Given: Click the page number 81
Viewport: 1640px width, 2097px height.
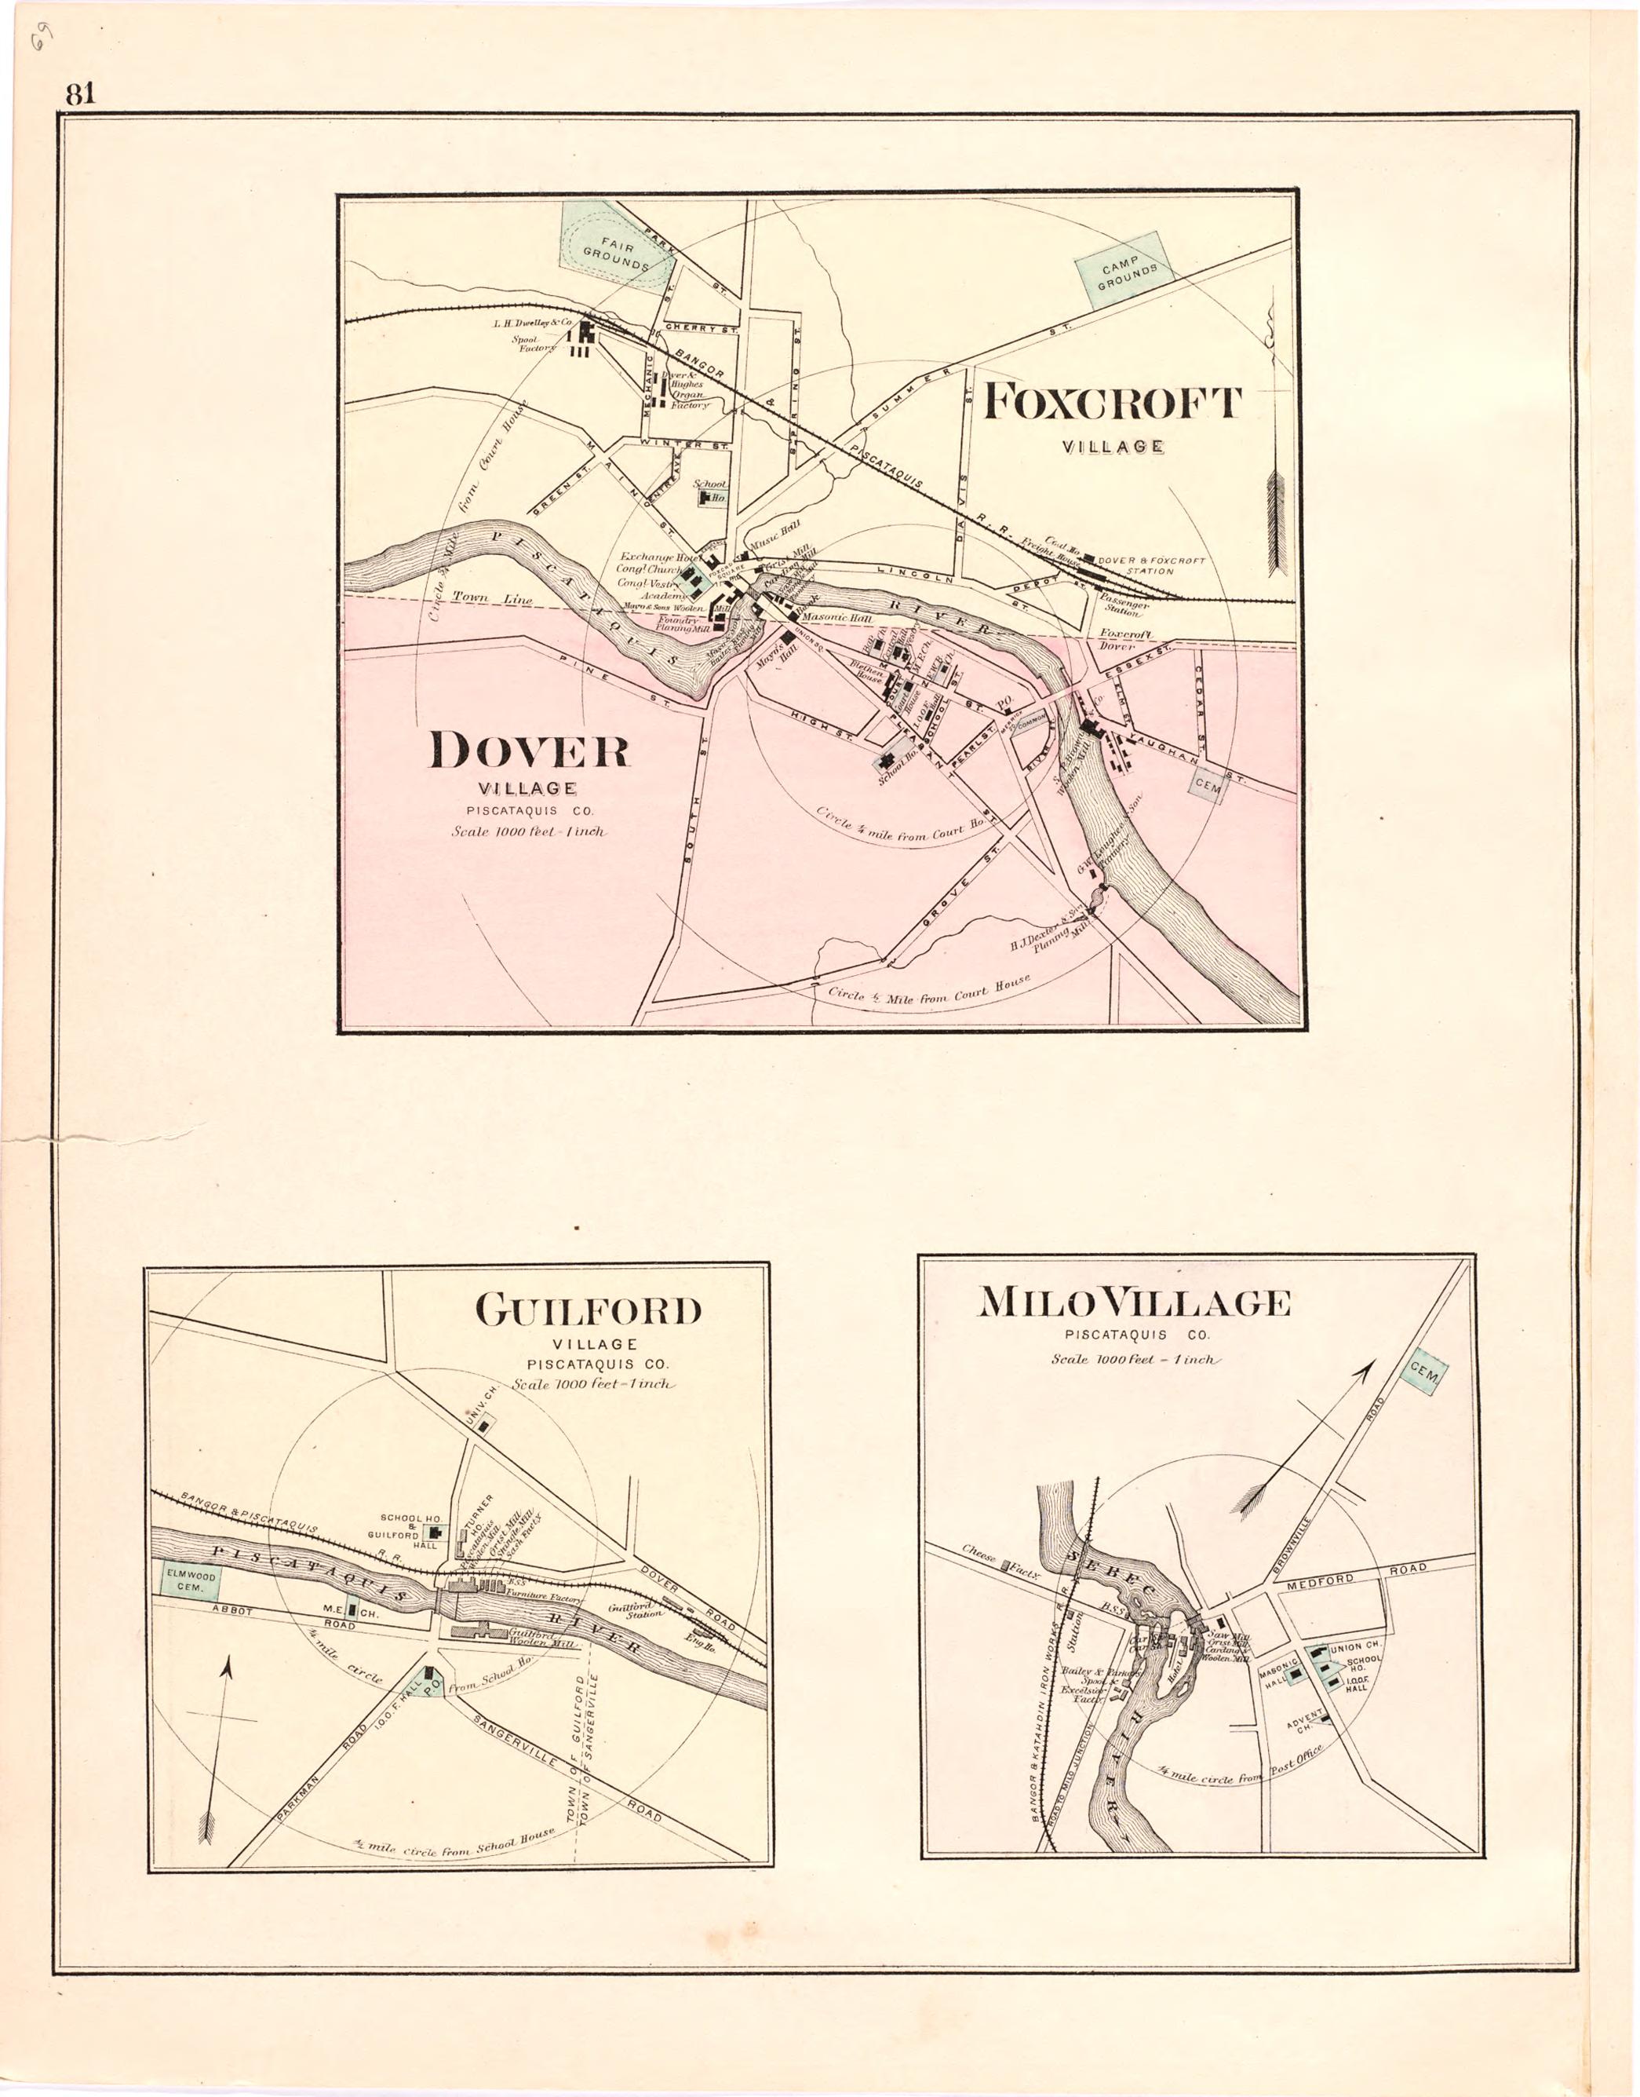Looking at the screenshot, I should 80,94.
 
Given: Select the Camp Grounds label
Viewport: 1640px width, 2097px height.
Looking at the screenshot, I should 1124,270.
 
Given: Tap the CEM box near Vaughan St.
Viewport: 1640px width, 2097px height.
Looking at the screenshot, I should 1207,787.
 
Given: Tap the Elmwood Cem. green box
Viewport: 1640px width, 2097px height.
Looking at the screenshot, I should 185,1581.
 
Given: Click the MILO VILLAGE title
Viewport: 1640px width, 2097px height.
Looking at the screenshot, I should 1134,1302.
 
